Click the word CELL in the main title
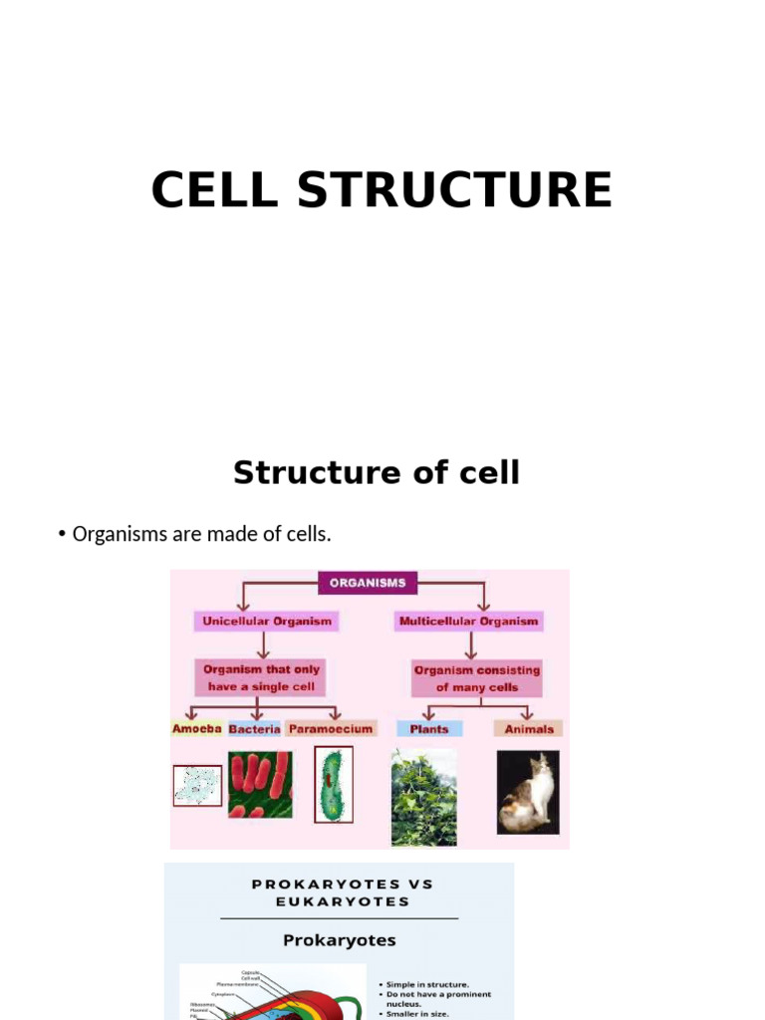click(x=214, y=190)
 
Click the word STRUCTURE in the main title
click(x=454, y=190)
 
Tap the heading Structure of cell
click(x=377, y=472)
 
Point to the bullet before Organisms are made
click(x=63, y=535)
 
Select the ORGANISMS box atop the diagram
click(x=368, y=583)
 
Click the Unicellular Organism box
click(x=266, y=622)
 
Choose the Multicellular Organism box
click(x=468, y=622)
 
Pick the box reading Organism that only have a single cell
click(x=261, y=677)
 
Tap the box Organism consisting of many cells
click(x=476, y=678)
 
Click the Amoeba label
click(x=197, y=728)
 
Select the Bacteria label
click(x=254, y=728)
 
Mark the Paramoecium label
click(x=331, y=728)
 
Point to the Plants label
click(x=429, y=728)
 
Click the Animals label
click(x=528, y=728)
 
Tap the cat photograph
click(x=528, y=792)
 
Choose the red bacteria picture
click(x=260, y=784)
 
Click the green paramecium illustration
click(x=333, y=785)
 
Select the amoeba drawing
click(x=197, y=785)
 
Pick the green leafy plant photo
click(x=424, y=797)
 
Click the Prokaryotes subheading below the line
click(x=339, y=940)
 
